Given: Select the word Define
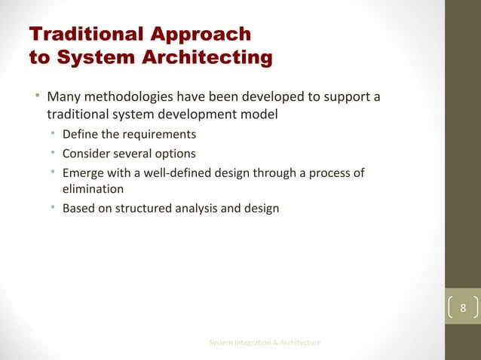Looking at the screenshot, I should [x=79, y=135].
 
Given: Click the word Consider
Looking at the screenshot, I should [x=85, y=154].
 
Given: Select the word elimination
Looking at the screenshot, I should [x=92, y=189].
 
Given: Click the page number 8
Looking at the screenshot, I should [x=463, y=309].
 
